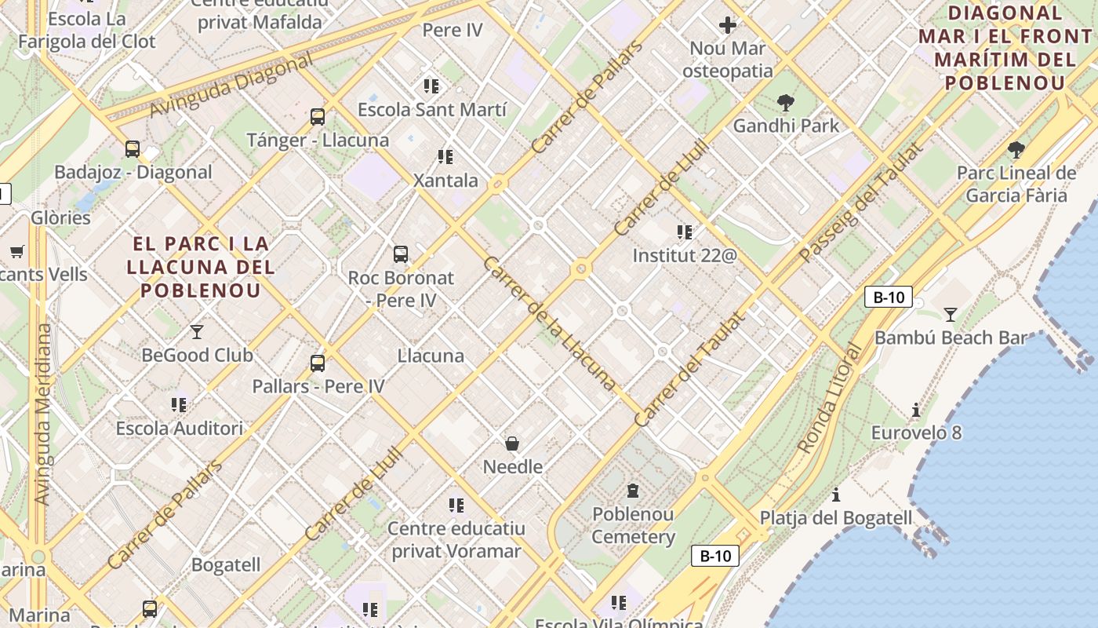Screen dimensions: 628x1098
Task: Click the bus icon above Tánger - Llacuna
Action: point(318,117)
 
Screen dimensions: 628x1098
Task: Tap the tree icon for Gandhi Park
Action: point(785,102)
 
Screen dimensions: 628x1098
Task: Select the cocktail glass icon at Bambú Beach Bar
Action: point(951,315)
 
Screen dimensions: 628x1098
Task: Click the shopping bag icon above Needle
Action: point(512,444)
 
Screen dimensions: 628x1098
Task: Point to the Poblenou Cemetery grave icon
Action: point(632,491)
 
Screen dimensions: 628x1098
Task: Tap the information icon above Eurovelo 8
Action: point(915,410)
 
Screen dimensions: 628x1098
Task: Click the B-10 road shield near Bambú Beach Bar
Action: point(889,297)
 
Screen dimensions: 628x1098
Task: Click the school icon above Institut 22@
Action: point(685,232)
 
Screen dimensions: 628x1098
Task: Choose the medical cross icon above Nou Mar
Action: point(728,25)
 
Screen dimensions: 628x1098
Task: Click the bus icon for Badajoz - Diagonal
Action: point(133,149)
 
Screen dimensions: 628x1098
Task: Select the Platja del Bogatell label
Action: point(836,518)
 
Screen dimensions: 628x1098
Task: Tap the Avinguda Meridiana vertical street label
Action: point(42,414)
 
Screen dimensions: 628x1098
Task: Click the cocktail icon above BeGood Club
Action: point(197,332)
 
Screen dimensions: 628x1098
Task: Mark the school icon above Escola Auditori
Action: point(179,405)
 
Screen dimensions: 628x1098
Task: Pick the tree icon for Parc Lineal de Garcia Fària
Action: point(1016,149)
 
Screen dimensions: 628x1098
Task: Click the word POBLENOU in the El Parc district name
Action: point(200,290)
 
